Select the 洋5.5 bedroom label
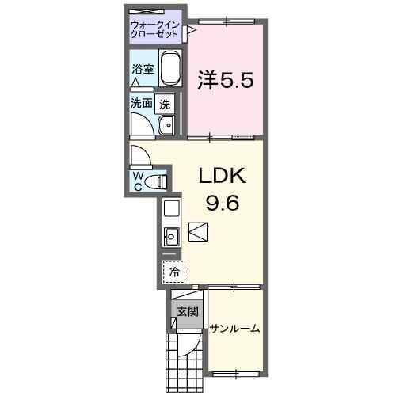pyautogui.click(x=226, y=80)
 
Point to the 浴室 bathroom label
pyautogui.click(x=143, y=69)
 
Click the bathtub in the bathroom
pyautogui.click(x=171, y=70)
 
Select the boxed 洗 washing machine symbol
pyautogui.click(x=165, y=102)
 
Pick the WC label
pyautogui.click(x=138, y=180)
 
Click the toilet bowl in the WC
pyautogui.click(x=159, y=181)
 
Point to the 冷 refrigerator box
pyautogui.click(x=173, y=271)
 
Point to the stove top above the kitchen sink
pyautogui.click(x=170, y=209)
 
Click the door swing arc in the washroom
pyautogui.click(x=143, y=127)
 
